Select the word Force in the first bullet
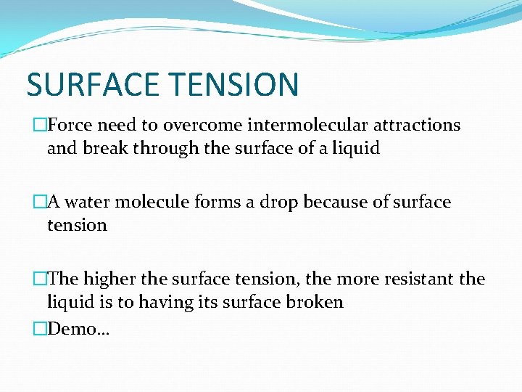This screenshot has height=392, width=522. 71,125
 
